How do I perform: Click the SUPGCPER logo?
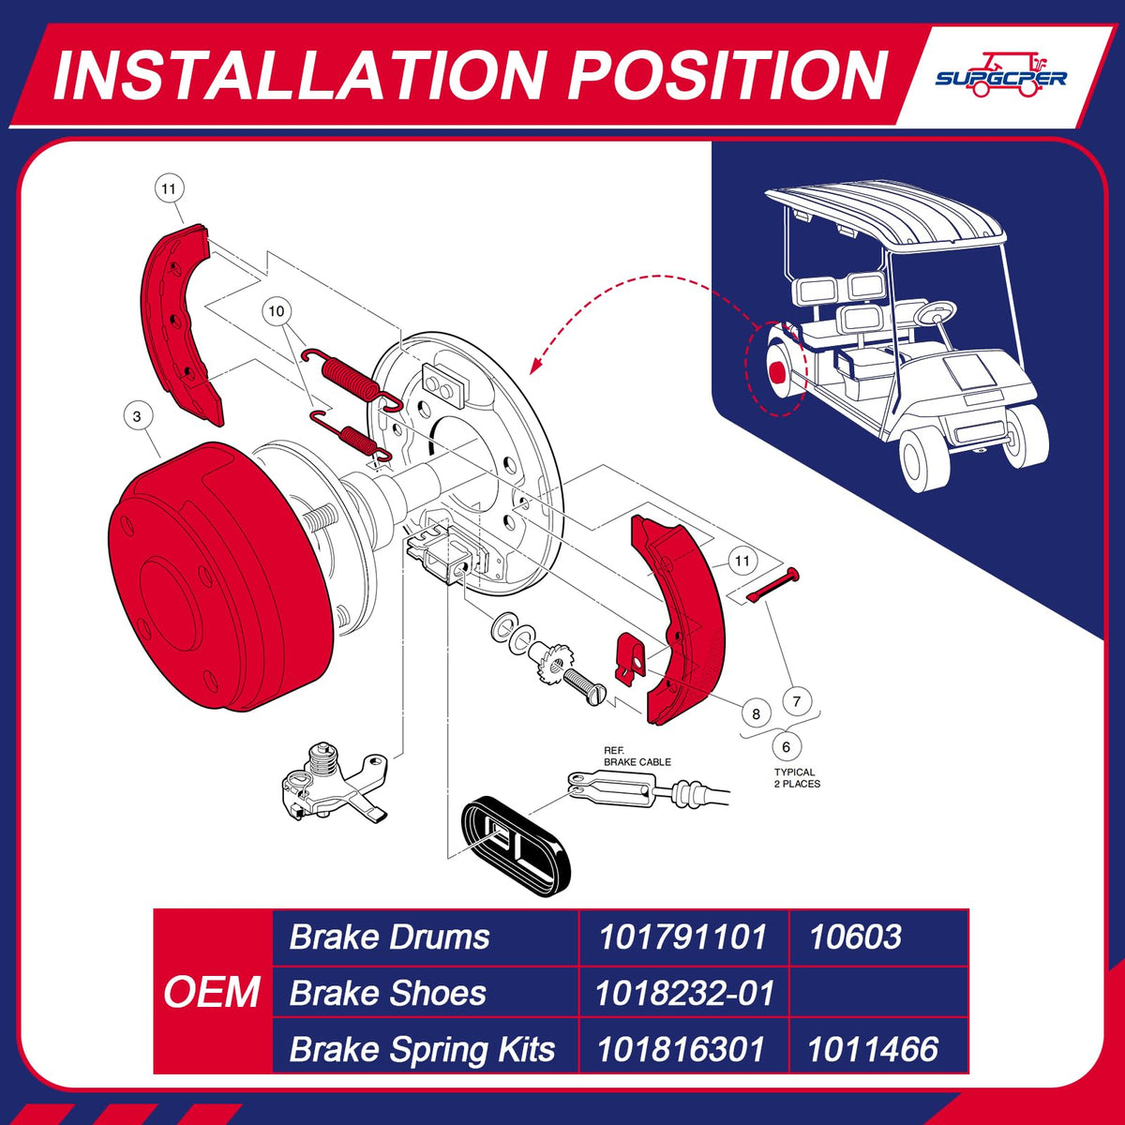(1000, 75)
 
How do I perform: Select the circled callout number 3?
(137, 416)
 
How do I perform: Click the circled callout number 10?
(277, 311)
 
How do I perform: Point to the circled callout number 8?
(756, 713)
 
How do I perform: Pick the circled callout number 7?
(797, 700)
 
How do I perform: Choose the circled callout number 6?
(786, 746)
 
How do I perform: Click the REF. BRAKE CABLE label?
(637, 756)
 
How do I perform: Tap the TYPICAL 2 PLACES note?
(797, 777)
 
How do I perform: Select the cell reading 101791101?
(682, 937)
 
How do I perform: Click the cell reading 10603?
(855, 937)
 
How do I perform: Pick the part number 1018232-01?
(684, 993)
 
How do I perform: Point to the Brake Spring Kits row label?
(422, 1049)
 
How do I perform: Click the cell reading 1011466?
(873, 1049)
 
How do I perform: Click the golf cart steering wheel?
(936, 313)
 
